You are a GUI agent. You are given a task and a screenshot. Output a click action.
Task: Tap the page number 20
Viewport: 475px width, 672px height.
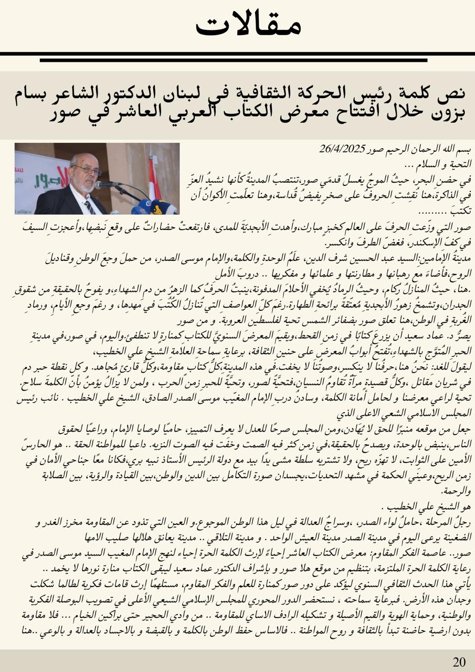coord(459,661)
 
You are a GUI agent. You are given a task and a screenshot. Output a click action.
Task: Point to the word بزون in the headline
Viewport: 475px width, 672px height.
coord(446,112)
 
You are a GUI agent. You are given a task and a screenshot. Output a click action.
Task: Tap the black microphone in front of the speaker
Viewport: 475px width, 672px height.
coord(108,185)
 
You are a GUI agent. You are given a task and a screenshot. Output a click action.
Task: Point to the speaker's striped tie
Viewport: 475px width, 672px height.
coord(90,207)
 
